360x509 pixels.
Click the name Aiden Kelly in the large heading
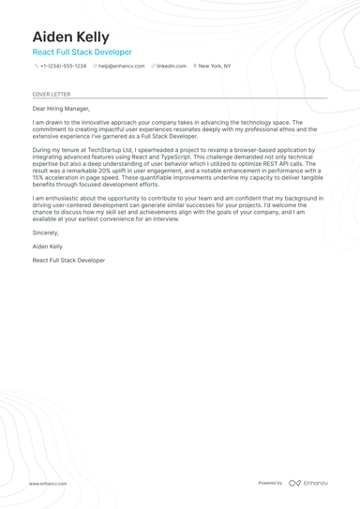(x=70, y=36)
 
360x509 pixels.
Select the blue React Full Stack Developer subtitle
(x=82, y=52)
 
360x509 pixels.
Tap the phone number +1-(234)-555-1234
(x=63, y=67)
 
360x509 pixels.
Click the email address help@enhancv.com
(x=122, y=67)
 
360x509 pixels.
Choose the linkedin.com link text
(x=172, y=67)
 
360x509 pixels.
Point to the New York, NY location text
(x=215, y=67)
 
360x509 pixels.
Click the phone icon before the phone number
(x=36, y=67)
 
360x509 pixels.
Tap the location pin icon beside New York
(x=195, y=67)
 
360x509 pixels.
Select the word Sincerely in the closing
(x=45, y=232)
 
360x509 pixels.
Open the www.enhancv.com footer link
(x=48, y=484)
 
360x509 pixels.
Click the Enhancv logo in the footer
(x=308, y=483)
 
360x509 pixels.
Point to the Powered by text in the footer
(x=270, y=483)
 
